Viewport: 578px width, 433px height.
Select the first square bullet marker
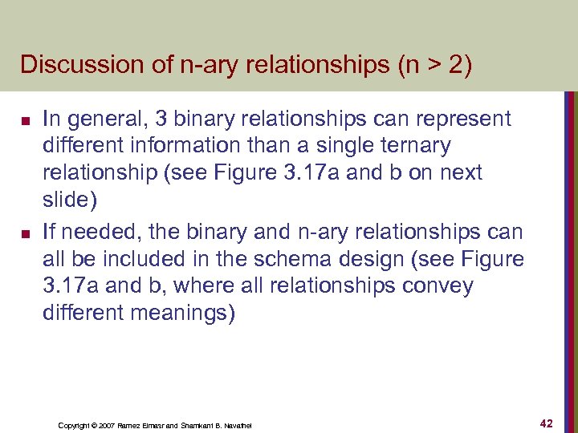tap(26, 122)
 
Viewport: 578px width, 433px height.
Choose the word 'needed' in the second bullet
tap(101, 233)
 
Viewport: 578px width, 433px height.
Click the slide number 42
tap(546, 423)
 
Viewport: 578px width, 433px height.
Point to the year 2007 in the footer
tap(105, 425)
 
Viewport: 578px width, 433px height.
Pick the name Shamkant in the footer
tap(200, 425)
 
